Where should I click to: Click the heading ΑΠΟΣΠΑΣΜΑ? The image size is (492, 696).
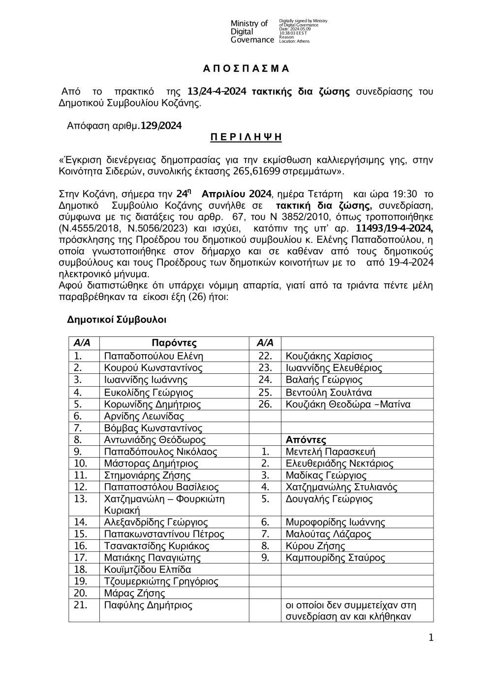[246, 68]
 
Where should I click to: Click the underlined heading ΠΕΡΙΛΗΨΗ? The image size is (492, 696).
[246, 137]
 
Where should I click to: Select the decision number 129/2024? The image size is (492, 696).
[161, 126]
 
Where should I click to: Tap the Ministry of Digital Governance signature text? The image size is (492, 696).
[252, 32]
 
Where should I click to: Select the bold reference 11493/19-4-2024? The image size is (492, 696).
[394, 228]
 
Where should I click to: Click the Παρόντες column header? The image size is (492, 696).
[174, 343]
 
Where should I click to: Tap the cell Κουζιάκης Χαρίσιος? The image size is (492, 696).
[329, 356]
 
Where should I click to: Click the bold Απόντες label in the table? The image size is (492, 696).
[306, 440]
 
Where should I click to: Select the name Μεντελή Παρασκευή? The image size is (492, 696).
[330, 452]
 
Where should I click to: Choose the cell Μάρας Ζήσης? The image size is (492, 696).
[127, 593]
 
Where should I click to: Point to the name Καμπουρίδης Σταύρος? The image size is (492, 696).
[335, 558]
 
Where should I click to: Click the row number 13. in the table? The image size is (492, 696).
[80, 498]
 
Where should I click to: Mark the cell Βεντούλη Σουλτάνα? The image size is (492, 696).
[329, 393]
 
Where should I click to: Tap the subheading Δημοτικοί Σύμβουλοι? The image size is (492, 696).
[117, 320]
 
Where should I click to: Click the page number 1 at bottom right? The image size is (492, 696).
[431, 638]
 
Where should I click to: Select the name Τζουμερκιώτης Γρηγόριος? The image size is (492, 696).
[161, 581]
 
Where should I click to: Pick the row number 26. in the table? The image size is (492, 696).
[265, 404]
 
